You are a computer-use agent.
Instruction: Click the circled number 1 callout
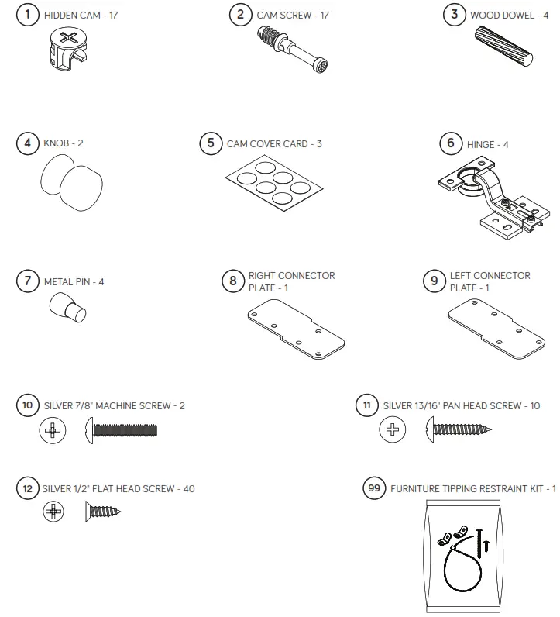point(29,15)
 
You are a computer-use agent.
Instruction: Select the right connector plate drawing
point(295,329)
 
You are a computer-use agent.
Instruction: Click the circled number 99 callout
point(374,488)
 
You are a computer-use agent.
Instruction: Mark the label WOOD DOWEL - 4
point(514,15)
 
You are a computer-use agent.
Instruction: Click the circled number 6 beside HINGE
point(451,144)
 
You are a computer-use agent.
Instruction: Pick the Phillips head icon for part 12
point(53,511)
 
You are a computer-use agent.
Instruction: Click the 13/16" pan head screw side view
point(458,429)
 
